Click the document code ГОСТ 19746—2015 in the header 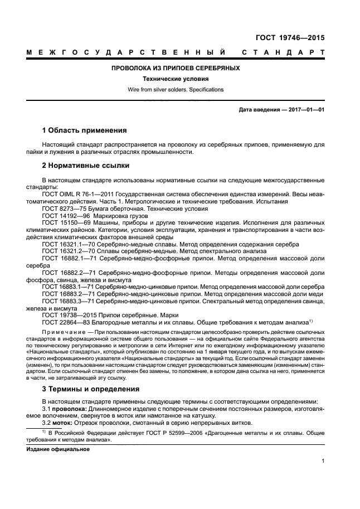pyautogui.click(x=291, y=38)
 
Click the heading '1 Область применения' pyautogui.click(x=85, y=130)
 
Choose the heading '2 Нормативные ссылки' pyautogui.click(x=86, y=166)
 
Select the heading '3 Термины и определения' pyautogui.click(x=91, y=389)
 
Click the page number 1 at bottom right pyautogui.click(x=323, y=460)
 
